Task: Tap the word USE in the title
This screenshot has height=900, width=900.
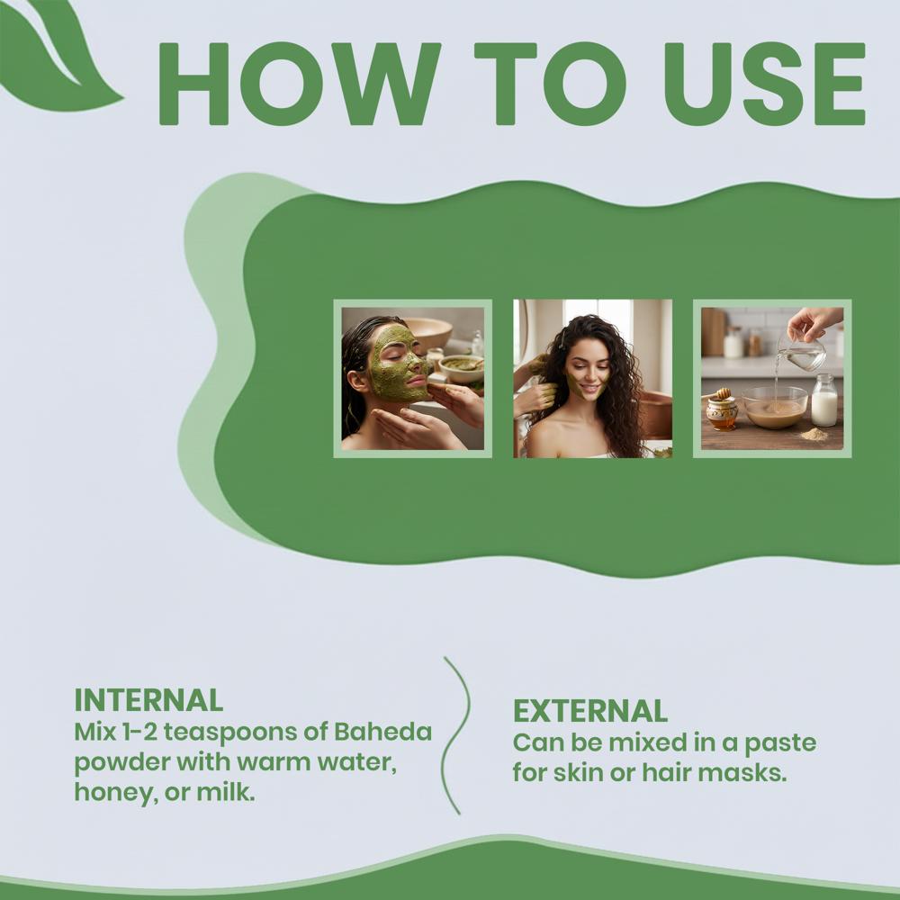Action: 764,84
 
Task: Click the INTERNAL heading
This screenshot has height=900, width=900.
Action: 148,701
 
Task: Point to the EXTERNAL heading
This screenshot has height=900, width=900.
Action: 590,711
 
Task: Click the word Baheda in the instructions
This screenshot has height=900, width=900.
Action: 382,732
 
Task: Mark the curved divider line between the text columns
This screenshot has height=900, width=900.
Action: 457,736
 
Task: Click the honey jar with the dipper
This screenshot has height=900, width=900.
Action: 722,409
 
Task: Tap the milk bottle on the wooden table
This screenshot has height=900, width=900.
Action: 824,400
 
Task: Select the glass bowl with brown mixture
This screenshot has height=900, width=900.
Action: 775,408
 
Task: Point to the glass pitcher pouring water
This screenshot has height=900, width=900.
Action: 802,350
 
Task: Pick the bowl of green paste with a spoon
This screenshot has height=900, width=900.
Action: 461,368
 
